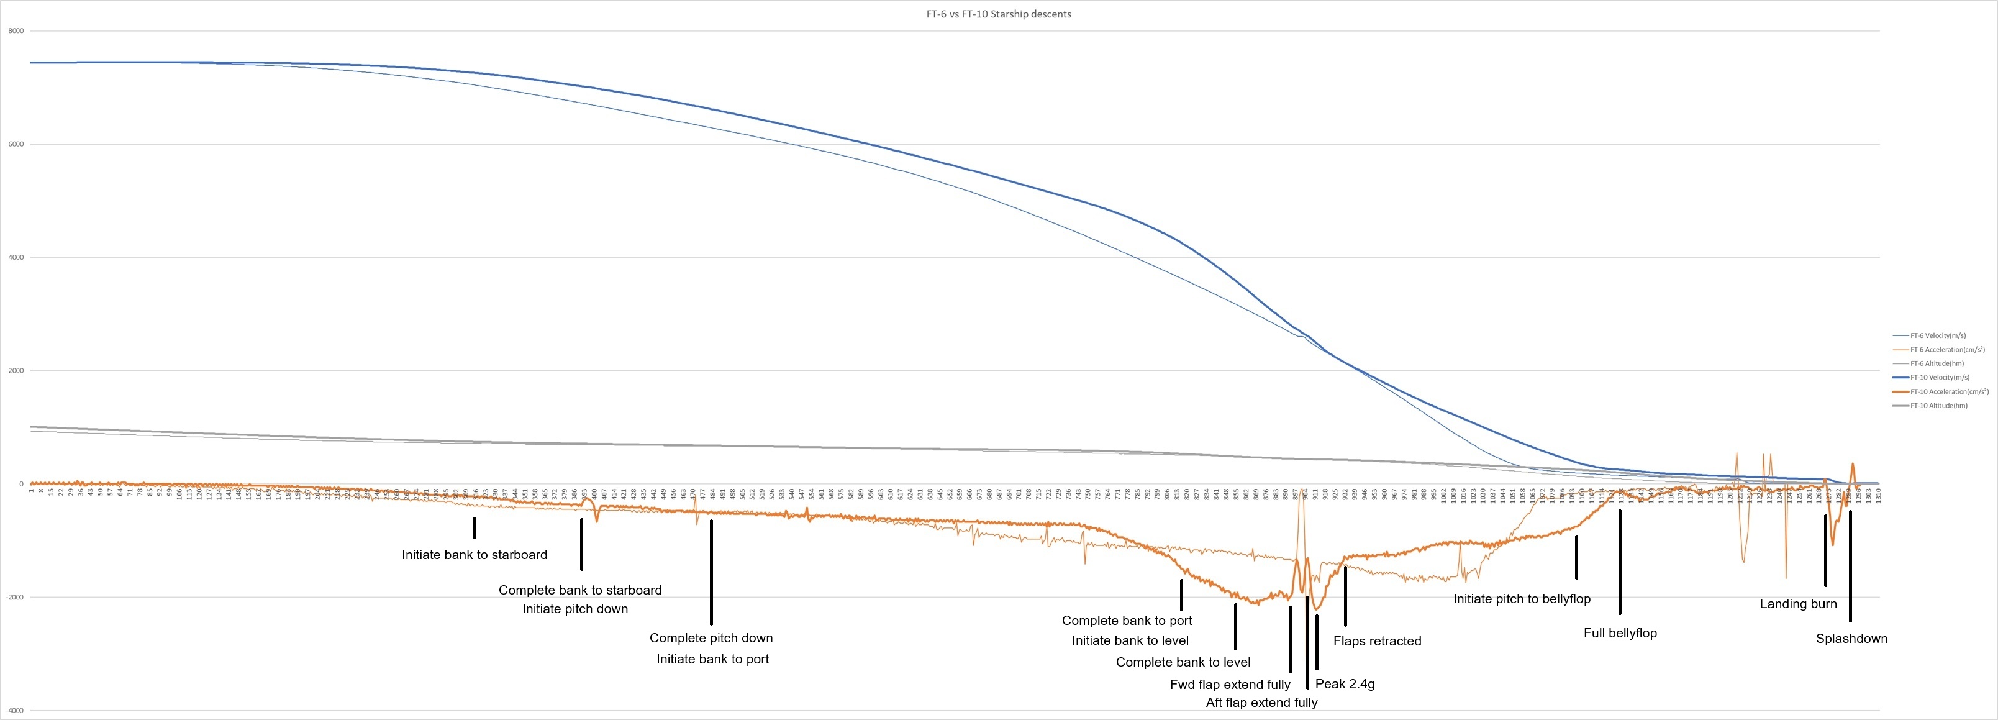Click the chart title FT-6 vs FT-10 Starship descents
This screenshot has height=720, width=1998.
[998, 14]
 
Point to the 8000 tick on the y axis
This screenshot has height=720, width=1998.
[16, 31]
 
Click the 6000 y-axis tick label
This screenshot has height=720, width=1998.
[16, 144]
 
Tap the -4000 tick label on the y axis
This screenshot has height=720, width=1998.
[15, 710]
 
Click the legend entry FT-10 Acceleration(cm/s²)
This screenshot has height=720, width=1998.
[1949, 392]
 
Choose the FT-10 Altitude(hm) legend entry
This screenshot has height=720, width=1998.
[1938, 406]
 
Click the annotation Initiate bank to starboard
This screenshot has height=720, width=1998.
[474, 555]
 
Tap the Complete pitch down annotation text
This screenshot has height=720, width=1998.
[711, 638]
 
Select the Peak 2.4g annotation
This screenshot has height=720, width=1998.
[1345, 683]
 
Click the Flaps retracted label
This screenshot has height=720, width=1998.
[1377, 641]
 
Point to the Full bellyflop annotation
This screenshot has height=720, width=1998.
[1620, 633]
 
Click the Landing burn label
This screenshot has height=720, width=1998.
[1798, 604]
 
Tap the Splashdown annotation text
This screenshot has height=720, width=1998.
[1851, 639]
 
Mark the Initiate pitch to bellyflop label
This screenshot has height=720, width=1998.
[1521, 599]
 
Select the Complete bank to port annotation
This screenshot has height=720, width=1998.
[1126, 621]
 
